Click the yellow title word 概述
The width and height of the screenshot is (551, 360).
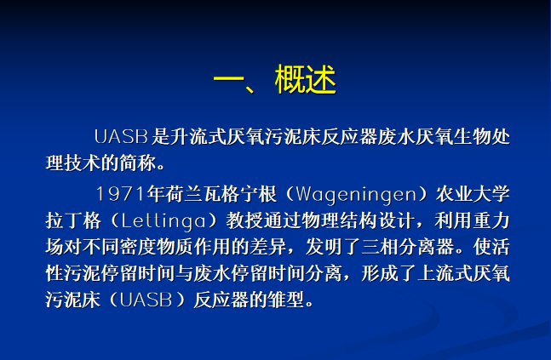coord(306,79)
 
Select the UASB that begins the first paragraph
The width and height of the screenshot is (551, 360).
coord(121,137)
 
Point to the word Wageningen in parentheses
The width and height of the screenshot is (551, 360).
coord(356,195)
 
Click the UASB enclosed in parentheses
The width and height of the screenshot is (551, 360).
coord(146,300)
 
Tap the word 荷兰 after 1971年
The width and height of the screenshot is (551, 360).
coord(184,194)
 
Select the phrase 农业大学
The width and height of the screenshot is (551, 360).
coord(473,194)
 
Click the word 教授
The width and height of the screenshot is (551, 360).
coord(244,221)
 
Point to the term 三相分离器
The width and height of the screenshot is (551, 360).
coord(408,247)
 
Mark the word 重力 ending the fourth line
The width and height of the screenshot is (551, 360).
coord(491,221)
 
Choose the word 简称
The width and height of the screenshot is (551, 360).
coord(138,163)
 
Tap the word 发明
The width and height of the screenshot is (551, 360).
coord(324,247)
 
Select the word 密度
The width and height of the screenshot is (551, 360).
coord(138,247)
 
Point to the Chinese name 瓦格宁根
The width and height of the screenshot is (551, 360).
coord(239,194)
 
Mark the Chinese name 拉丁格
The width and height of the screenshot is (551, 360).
coord(73,221)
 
